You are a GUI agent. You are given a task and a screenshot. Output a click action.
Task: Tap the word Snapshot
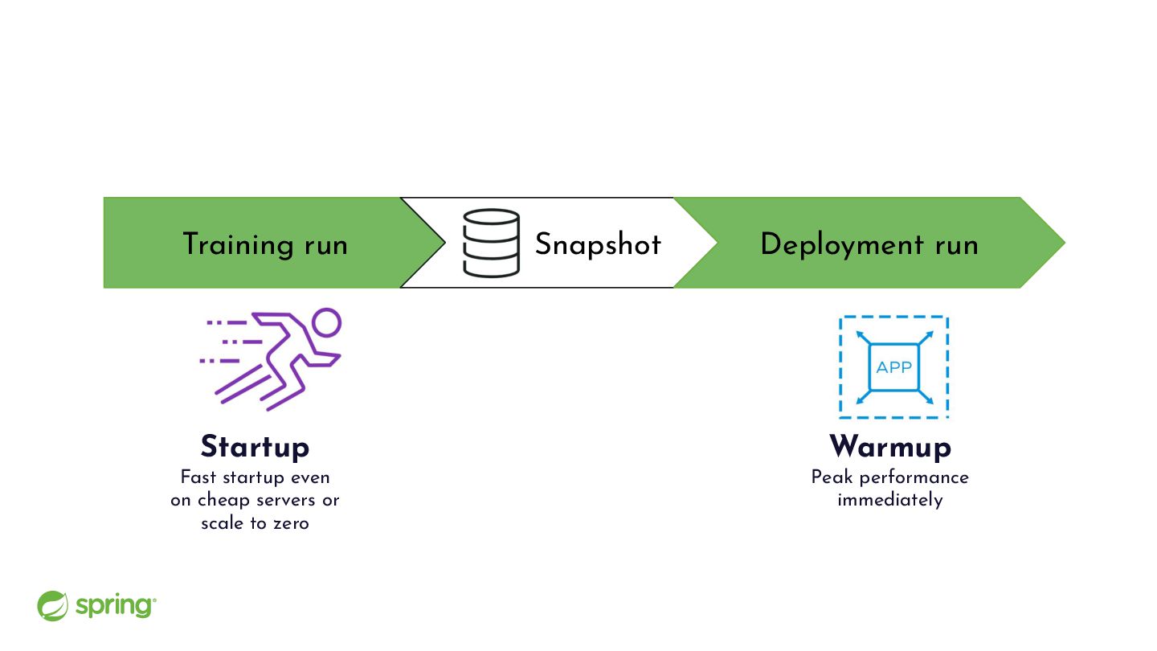point(598,244)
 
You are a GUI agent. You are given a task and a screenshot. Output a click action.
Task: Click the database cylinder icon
point(491,243)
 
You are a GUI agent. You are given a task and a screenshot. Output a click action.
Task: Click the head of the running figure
point(326,323)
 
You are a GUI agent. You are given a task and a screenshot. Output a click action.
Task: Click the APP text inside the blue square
point(894,367)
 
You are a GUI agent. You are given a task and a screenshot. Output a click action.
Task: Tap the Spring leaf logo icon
point(52,605)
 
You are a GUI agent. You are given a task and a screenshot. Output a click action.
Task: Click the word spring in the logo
point(116,606)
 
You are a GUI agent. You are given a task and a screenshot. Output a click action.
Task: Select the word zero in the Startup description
point(292,523)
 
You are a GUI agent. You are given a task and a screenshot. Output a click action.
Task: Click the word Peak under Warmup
point(832,477)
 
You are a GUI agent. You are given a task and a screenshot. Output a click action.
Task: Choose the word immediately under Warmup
point(890,500)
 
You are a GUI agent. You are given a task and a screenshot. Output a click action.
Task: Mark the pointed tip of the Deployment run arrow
point(1065,243)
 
